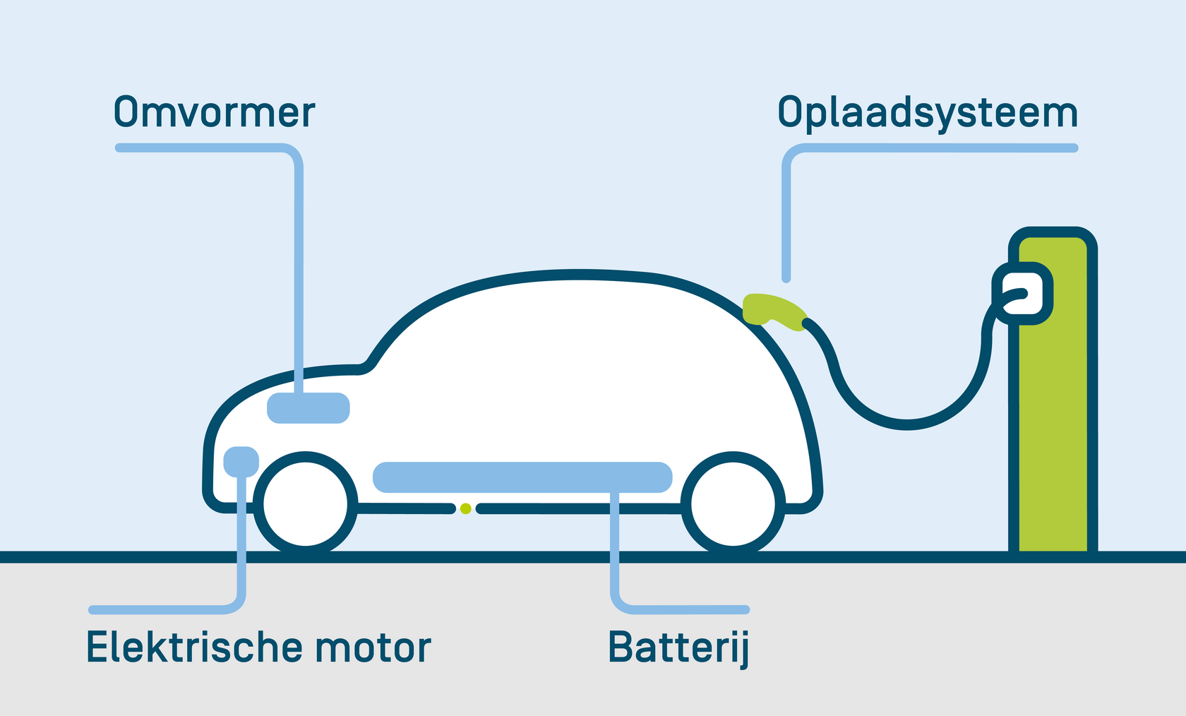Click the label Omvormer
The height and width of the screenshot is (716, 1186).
pyautogui.click(x=215, y=113)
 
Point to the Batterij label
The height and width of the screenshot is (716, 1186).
pyautogui.click(x=678, y=648)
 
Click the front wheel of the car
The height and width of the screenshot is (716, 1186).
pyautogui.click(x=306, y=504)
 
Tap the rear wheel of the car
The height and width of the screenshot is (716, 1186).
pyautogui.click(x=733, y=504)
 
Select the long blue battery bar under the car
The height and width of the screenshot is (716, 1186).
pyautogui.click(x=522, y=477)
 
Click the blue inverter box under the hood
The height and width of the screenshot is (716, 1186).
pyautogui.click(x=309, y=408)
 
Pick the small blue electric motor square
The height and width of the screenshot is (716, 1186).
pyautogui.click(x=241, y=462)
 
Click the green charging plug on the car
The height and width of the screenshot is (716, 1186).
pyautogui.click(x=774, y=311)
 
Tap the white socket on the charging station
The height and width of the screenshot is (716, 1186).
pyautogui.click(x=1022, y=293)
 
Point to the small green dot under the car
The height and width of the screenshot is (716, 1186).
pyautogui.click(x=465, y=508)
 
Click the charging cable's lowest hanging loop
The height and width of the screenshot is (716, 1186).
pyautogui.click(x=906, y=424)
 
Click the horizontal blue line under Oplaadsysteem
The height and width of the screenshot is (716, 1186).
pyautogui.click(x=939, y=148)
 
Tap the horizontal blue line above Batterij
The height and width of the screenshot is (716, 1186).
pyautogui.click(x=688, y=609)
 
